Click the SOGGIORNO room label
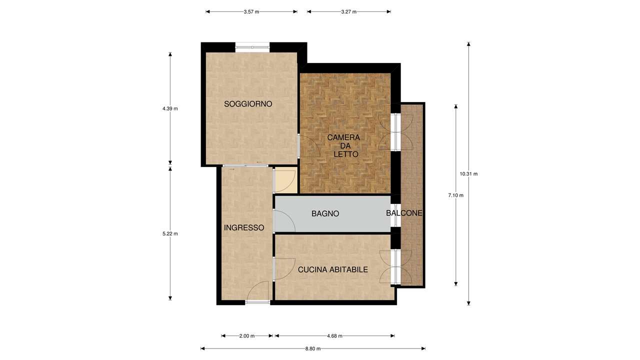[x=247, y=104]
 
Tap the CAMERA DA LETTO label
[x=343, y=145]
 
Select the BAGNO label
[x=325, y=213]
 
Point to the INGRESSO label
[x=244, y=227]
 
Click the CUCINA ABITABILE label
[x=333, y=269]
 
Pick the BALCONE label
[x=404, y=213]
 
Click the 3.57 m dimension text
[x=251, y=11]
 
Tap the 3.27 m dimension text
[x=349, y=11]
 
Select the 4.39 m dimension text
[x=170, y=108]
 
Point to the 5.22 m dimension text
[x=170, y=233]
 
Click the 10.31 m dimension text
[x=468, y=173]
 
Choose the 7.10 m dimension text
[x=455, y=195]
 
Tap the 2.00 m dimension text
[x=247, y=336]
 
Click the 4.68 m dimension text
[x=334, y=336]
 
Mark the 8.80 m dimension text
[x=313, y=348]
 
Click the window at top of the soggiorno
[x=252, y=47]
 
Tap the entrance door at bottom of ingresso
[x=257, y=301]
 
